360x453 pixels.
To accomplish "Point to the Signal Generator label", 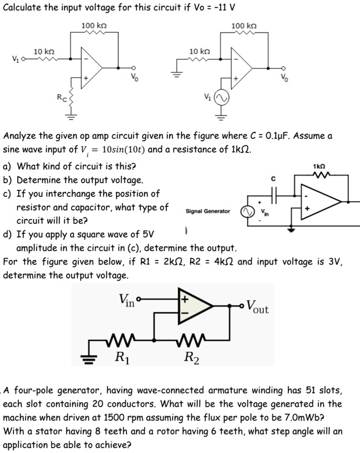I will pos(208,211).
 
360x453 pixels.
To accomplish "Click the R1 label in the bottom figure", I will pos(118,355).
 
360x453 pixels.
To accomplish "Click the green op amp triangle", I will pos(192,306).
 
